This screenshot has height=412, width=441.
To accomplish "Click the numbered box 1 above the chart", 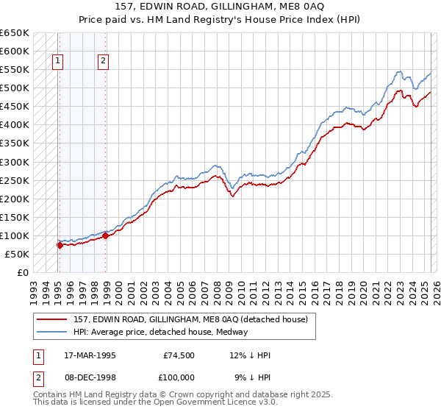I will tap(57, 62).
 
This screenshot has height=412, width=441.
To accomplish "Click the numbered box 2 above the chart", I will tap(103, 62).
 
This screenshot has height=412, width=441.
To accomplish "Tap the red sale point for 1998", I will tap(106, 235).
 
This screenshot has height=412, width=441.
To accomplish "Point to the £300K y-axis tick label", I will tap(14, 162).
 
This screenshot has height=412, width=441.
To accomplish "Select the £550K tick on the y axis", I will tap(14, 70).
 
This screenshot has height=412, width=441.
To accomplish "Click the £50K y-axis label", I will tap(17, 254).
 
